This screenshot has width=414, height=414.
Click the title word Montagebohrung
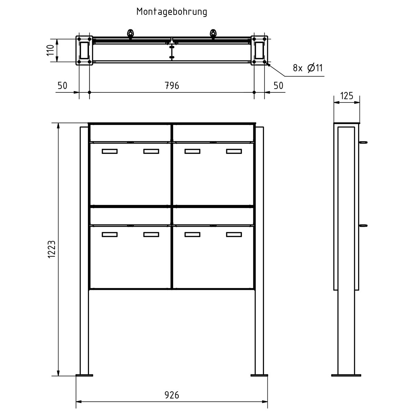click(172, 12)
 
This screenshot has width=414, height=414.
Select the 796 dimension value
click(172, 86)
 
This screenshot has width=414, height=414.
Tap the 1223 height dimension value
click(52, 249)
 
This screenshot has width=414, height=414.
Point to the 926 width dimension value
click(172, 395)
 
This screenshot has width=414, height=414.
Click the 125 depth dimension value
click(346, 96)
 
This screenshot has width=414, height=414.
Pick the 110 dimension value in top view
click(51, 50)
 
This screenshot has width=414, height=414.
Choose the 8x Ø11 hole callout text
click(307, 68)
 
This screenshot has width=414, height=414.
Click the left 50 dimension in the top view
click(62, 86)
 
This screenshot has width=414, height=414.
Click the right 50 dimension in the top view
click(278, 86)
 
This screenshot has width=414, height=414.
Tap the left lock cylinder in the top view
click(131, 34)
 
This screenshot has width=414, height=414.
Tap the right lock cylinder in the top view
click(213, 34)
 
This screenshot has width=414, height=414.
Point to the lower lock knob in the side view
click(364, 225)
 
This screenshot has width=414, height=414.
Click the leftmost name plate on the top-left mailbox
click(110, 151)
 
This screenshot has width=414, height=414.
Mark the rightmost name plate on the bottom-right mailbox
click(234, 235)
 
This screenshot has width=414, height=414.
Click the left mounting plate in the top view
click(85, 50)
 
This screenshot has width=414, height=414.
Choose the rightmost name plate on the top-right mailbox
click(234, 151)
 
